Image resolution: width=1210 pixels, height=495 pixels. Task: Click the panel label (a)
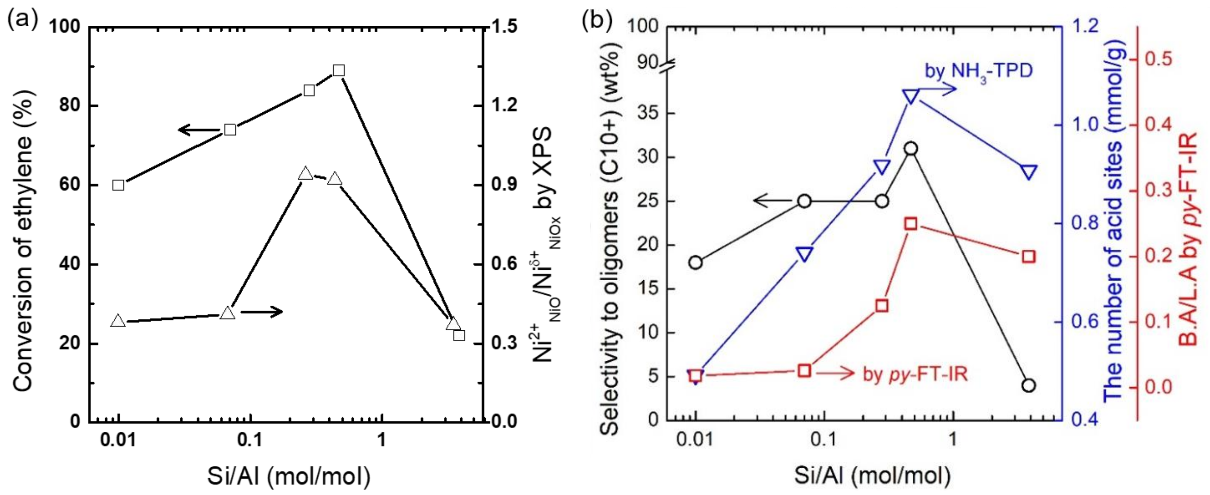[x=22, y=21]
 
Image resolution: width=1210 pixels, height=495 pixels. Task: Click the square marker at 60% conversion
[x=119, y=185]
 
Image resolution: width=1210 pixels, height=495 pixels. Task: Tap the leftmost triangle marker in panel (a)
[x=119, y=321]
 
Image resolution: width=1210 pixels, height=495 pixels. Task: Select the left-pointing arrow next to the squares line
[x=193, y=130]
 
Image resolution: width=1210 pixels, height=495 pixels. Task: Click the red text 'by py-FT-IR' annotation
[x=916, y=374]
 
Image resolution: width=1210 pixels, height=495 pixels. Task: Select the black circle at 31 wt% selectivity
[x=911, y=149]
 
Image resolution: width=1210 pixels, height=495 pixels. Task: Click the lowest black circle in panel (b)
[x=1029, y=386]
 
